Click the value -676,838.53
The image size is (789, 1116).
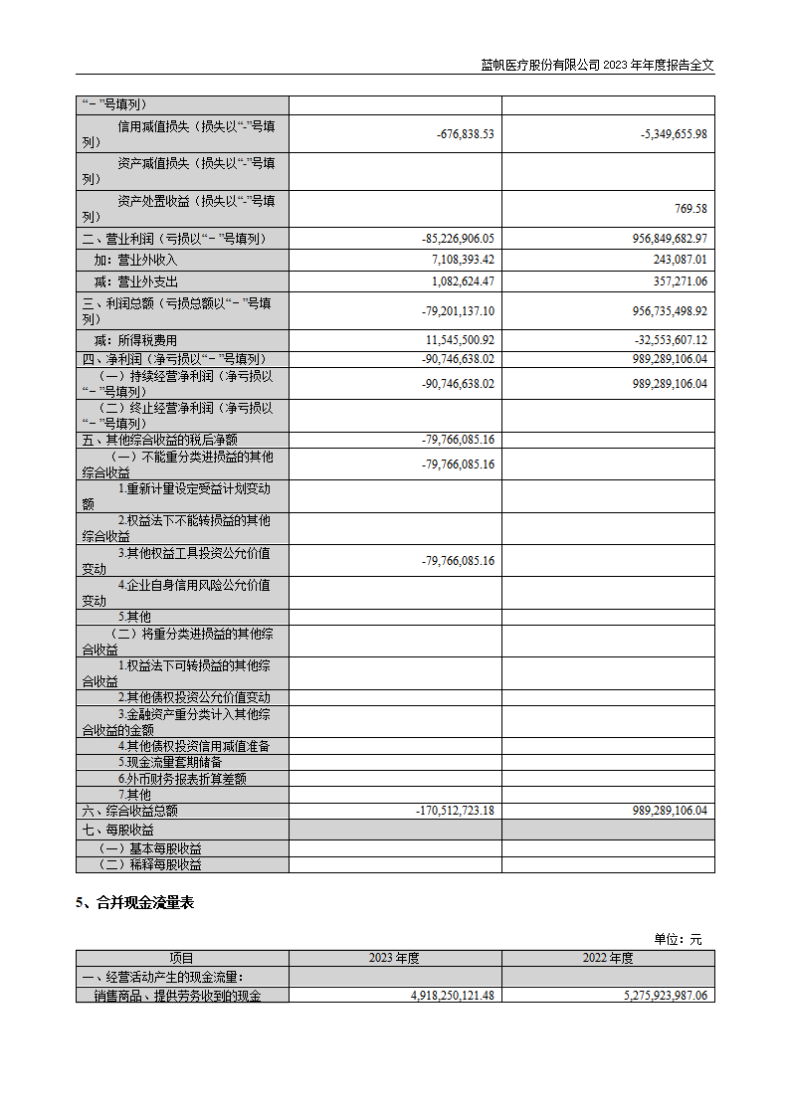tap(465, 134)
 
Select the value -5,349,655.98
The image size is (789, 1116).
tap(674, 134)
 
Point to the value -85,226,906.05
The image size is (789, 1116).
tap(459, 239)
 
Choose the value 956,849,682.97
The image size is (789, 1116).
tap(670, 239)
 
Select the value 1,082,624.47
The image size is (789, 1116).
tap(463, 281)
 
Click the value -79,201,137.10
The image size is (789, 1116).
tap(459, 311)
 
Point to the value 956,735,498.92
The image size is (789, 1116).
tap(670, 311)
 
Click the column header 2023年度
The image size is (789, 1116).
tap(395, 959)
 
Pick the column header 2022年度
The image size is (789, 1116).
tap(608, 959)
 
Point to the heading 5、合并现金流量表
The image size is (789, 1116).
tap(135, 903)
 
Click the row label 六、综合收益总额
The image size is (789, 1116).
tap(129, 812)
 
